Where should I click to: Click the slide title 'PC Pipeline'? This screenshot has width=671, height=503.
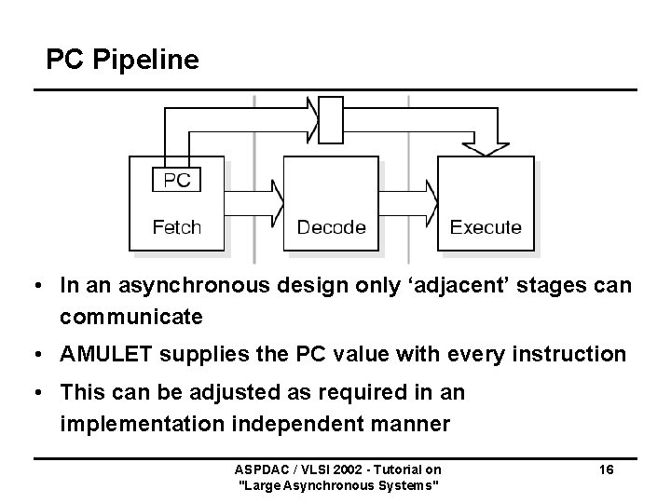click(122, 61)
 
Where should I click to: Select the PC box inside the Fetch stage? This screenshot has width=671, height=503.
click(176, 179)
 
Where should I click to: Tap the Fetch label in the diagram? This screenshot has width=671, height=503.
click(176, 226)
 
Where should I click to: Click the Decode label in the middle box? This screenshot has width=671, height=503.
click(331, 226)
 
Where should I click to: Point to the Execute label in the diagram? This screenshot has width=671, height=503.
click(486, 226)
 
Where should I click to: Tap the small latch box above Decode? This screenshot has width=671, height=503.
click(331, 120)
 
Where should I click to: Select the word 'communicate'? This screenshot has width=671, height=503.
click(131, 317)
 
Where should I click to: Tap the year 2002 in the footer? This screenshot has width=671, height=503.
click(338, 470)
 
